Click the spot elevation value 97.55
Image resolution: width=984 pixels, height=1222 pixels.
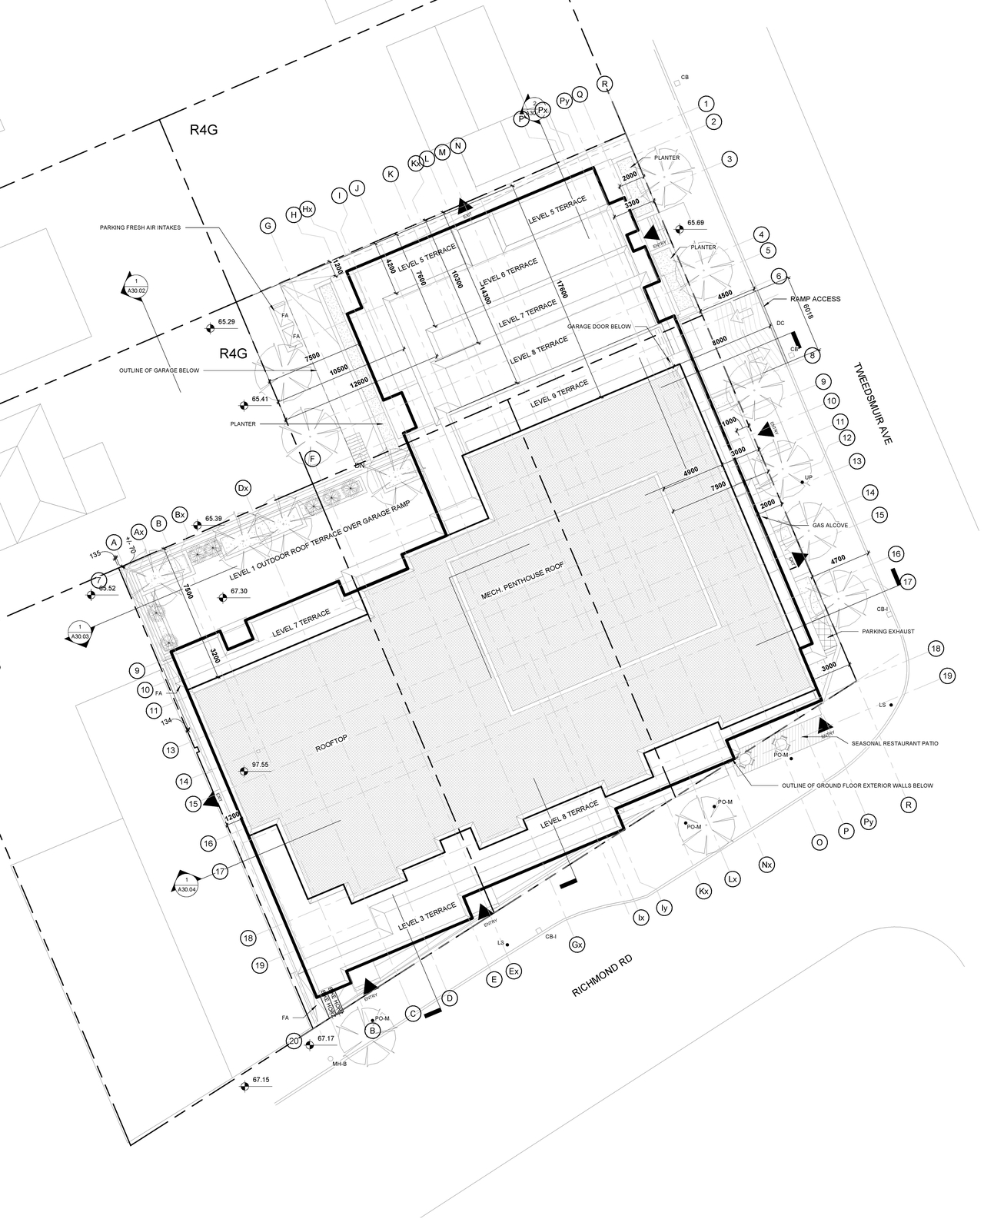(260, 765)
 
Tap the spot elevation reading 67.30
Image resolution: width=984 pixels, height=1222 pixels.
(238, 592)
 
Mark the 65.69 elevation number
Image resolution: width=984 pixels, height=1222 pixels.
(696, 223)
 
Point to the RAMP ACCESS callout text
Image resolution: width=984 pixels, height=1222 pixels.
(816, 298)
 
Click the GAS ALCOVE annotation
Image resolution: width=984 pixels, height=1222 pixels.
(831, 525)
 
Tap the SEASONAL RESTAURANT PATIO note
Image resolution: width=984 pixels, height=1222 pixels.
(895, 743)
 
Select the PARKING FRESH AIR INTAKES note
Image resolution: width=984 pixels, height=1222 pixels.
(139, 227)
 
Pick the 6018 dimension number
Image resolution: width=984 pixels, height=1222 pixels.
(806, 314)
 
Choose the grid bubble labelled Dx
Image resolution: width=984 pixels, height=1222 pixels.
(244, 488)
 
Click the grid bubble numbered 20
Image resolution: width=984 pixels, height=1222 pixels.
(293, 1041)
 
